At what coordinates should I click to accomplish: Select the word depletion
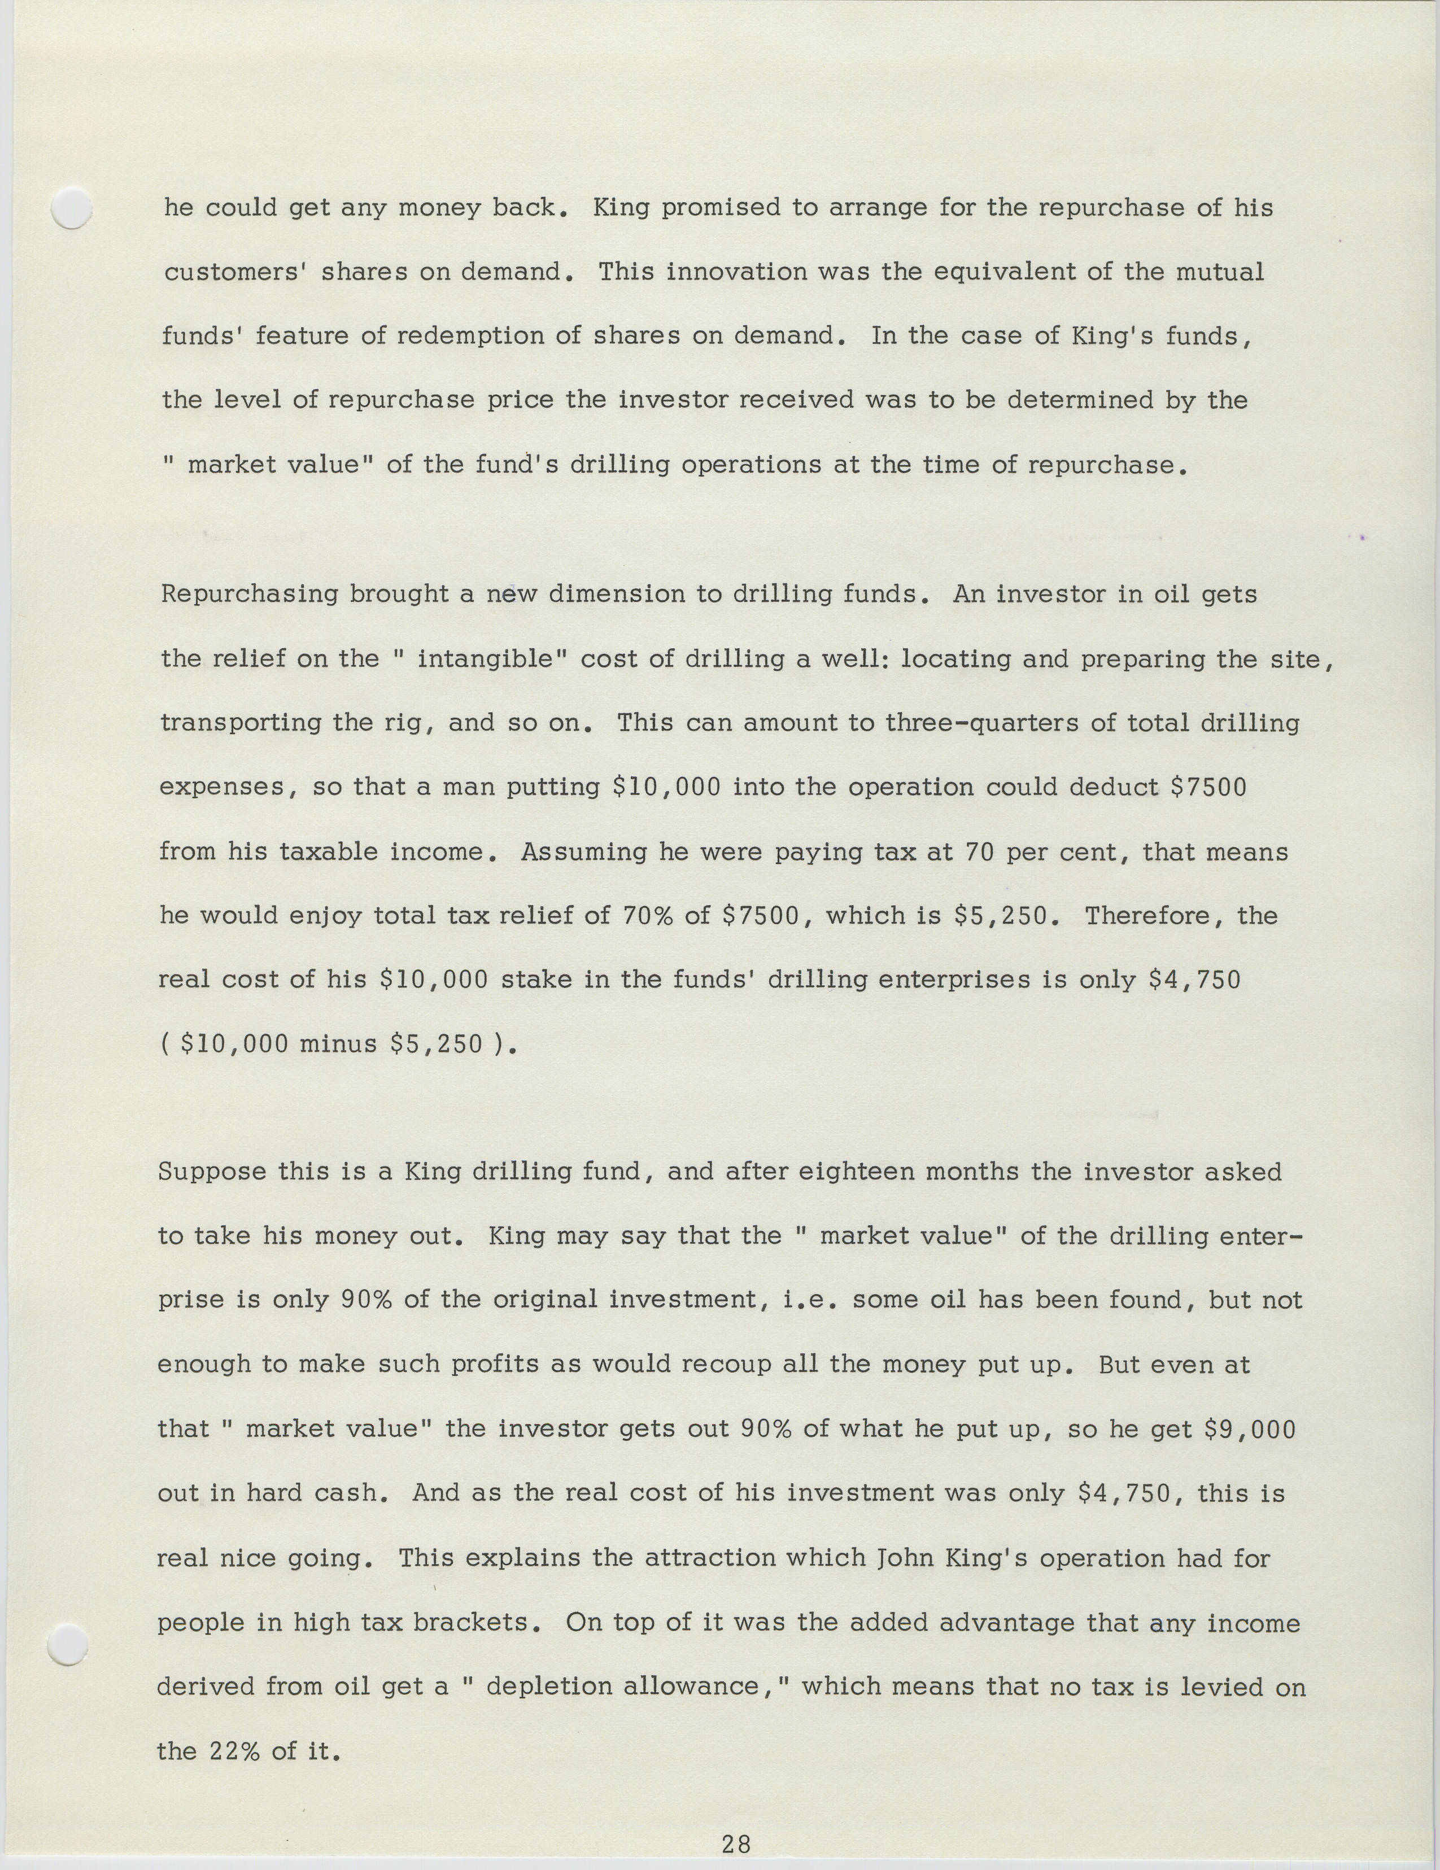coord(546,1687)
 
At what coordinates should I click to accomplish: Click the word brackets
coord(470,1623)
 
